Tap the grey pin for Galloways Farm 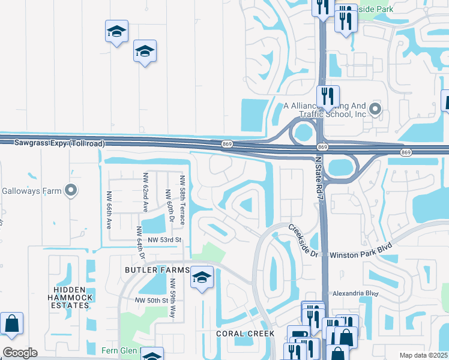pyautogui.click(x=71, y=191)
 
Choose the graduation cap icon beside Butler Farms pyautogui.click(x=202, y=277)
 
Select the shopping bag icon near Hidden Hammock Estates pyautogui.click(x=11, y=323)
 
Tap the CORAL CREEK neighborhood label pyautogui.click(x=246, y=334)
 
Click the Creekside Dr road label pyautogui.click(x=303, y=241)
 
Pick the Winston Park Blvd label pyautogui.click(x=361, y=254)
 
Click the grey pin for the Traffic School pyautogui.click(x=375, y=109)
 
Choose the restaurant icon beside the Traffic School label pyautogui.click(x=328, y=96)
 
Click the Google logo pyautogui.click(x=20, y=353)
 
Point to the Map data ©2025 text pyautogui.click(x=423, y=355)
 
